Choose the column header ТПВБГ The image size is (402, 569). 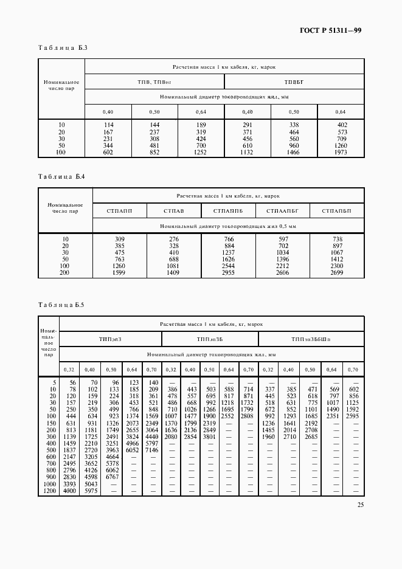[294, 81]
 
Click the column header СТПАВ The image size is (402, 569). [173, 210]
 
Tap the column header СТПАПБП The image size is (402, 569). [337, 210]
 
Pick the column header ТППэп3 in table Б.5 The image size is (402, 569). [109, 339]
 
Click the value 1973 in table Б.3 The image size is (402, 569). [341, 153]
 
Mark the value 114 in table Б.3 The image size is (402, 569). [108, 125]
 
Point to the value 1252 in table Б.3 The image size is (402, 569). [201, 153]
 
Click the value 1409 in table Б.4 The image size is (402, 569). [174, 274]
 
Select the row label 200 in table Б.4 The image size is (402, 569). [65, 274]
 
